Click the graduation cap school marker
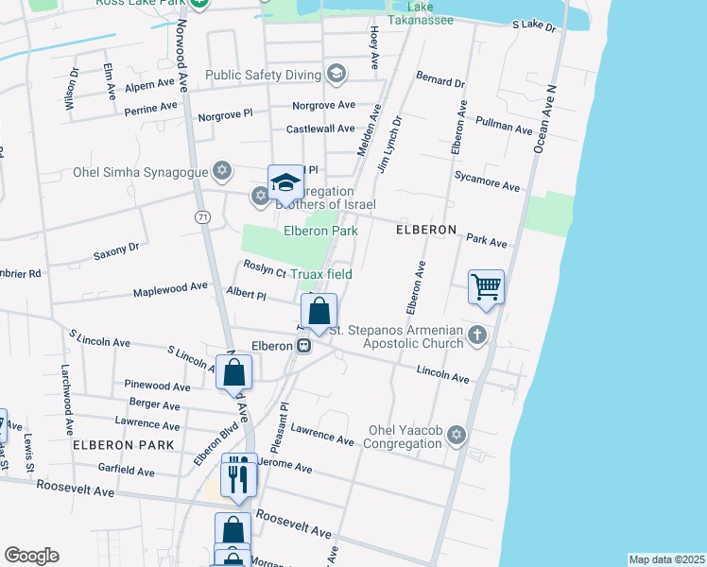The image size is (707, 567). (x=285, y=181)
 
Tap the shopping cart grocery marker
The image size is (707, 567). (x=486, y=285)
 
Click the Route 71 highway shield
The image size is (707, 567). (x=202, y=217)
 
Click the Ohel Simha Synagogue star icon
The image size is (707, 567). (x=222, y=171)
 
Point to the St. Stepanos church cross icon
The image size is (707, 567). (x=478, y=335)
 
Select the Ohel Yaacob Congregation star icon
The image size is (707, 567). (x=457, y=435)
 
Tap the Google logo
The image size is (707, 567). (x=31, y=556)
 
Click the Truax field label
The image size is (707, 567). (x=320, y=274)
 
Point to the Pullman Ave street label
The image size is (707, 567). (x=505, y=126)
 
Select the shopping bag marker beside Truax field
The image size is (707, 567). (x=319, y=311)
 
